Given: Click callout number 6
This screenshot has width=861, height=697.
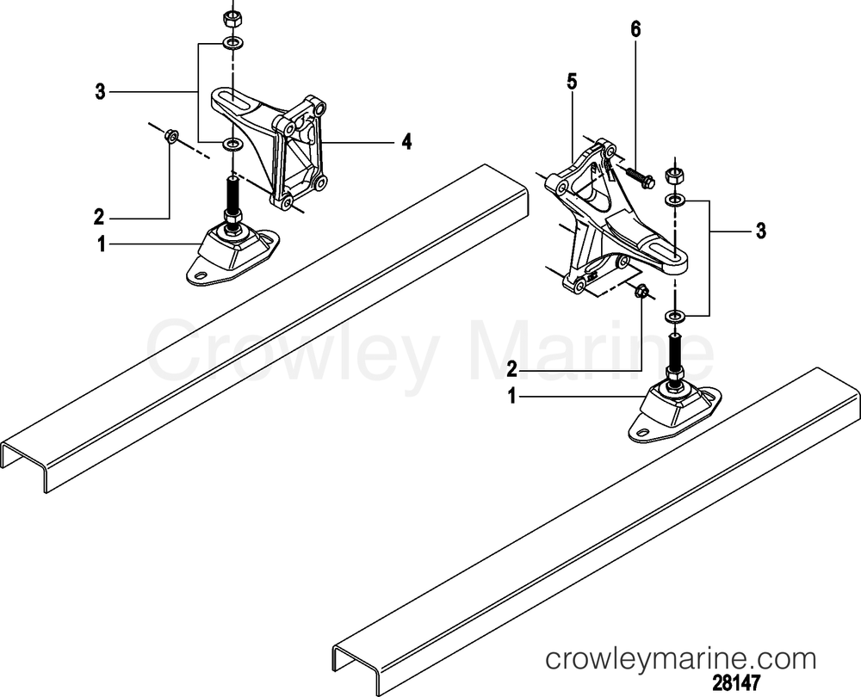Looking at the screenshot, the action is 635,30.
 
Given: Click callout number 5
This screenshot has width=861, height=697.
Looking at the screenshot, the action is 573,83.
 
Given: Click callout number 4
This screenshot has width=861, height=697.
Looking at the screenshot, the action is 406,142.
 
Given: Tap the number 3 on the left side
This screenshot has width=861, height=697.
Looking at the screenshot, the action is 99,92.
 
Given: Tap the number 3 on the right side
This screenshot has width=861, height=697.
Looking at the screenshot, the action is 760,231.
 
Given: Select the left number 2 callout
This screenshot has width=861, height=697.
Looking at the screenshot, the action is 99,218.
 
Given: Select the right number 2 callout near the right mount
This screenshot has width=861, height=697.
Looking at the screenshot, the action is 511,370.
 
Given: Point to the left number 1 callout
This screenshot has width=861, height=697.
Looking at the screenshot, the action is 101,244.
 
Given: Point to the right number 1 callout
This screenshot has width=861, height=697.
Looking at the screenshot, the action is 512,396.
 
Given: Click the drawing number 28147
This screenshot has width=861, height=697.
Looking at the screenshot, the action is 736,683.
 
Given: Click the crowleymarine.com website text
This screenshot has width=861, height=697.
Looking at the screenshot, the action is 681,658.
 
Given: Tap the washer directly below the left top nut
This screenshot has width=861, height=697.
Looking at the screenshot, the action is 233,42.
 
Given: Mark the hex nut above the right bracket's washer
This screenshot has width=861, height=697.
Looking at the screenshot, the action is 674,177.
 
